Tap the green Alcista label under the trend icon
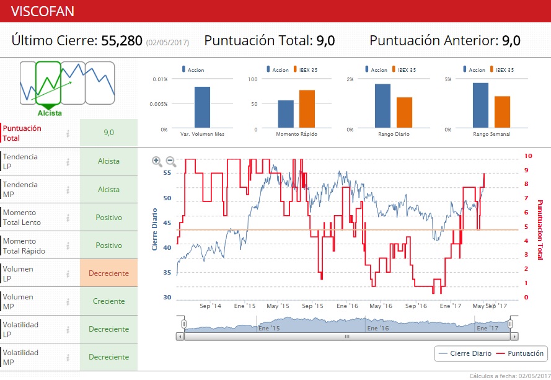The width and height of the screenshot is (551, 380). [x=50, y=113]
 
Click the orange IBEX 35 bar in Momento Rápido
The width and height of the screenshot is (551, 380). [x=307, y=109]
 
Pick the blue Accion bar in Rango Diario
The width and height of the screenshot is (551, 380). [x=382, y=106]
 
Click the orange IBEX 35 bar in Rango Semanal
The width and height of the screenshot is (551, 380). [x=502, y=112]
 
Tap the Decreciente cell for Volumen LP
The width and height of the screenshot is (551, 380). [x=108, y=273]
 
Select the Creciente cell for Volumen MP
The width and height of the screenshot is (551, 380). [x=108, y=301]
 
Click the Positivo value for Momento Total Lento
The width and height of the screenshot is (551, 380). [x=108, y=218]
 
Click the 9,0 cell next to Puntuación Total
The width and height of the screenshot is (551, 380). [x=108, y=133]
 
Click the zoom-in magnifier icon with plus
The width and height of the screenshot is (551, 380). [x=157, y=162]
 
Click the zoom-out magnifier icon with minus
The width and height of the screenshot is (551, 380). [x=171, y=162]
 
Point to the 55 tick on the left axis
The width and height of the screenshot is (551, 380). [x=167, y=173]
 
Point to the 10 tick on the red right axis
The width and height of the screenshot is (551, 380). [x=527, y=156]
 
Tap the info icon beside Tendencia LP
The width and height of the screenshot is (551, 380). [x=68, y=161]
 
